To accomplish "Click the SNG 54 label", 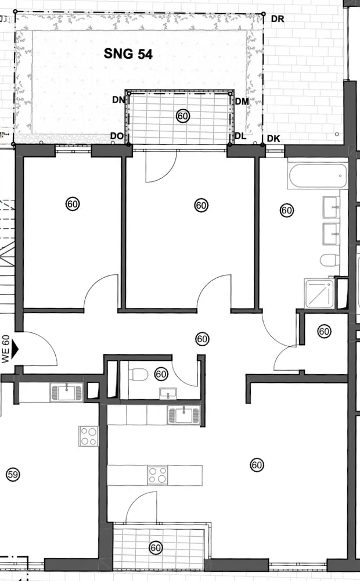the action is point(128,55).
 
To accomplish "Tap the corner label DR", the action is point(277,19).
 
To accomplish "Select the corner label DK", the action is point(274,138).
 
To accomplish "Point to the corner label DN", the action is point(118,99).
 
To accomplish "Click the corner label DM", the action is point(242,101).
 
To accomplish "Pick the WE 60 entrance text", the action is point(6,349).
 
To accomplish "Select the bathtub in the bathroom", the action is point(318,176).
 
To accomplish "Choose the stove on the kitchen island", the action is point(157,475).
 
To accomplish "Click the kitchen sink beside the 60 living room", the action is point(183,415).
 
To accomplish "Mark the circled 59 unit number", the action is point(12,475).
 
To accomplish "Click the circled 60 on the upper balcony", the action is point(183,116).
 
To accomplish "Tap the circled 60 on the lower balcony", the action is point(156,547).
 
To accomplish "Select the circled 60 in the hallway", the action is point(202,338).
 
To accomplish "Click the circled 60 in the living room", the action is point(257,465).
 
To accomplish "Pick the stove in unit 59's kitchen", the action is point(89,436).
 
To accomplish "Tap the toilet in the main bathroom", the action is point(329,260).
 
